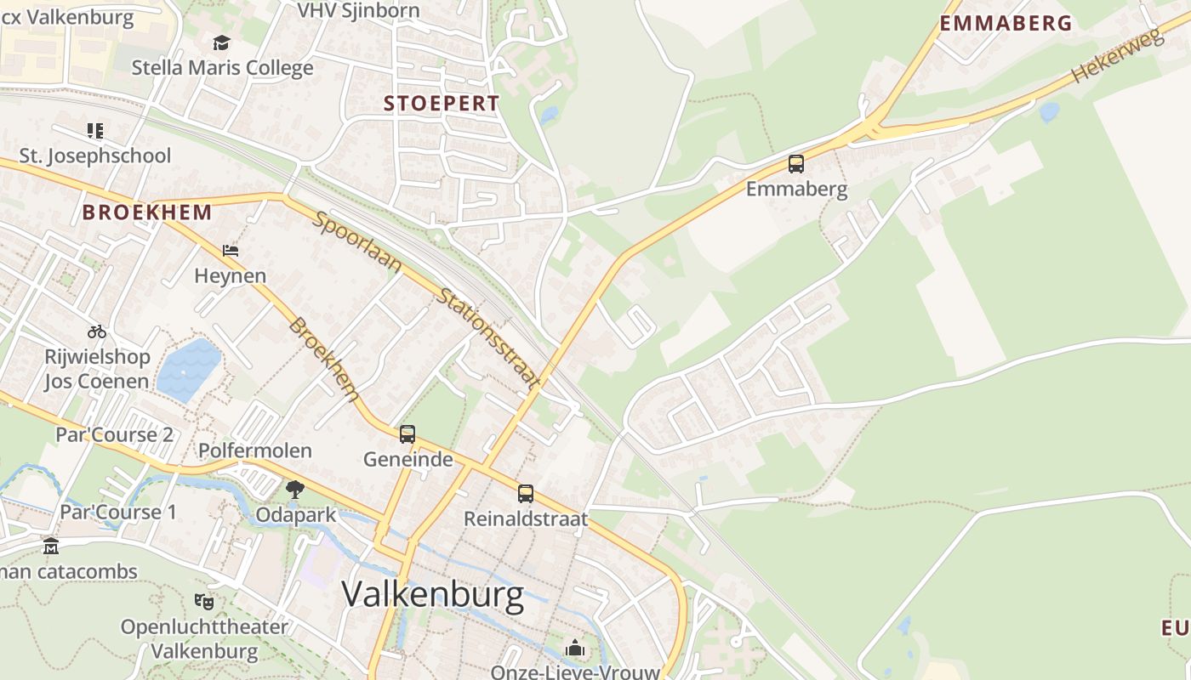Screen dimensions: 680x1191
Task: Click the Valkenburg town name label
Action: coord(433,595)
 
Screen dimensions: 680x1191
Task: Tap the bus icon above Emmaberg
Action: coord(796,164)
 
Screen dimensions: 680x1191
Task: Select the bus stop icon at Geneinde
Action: coord(407,434)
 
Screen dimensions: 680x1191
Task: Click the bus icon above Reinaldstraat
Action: coord(526,494)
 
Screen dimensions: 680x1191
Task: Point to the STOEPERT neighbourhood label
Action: coord(442,104)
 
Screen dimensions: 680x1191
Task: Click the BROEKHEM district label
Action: coord(147,212)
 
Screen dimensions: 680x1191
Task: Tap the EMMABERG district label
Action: coord(1006,24)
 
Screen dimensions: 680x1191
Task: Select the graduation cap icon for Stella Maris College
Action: coord(222,42)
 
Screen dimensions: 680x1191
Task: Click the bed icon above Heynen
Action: coord(231,251)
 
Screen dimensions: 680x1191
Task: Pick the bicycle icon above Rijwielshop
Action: coord(97,331)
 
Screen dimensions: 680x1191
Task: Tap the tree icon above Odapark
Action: coord(295,489)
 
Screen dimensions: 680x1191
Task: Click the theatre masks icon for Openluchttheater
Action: coord(204,601)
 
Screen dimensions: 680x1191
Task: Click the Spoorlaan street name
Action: coord(358,243)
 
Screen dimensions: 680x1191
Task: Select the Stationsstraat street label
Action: coord(488,339)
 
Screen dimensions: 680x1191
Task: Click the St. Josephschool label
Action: coord(95,156)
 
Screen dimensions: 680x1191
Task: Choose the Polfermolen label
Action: coord(255,450)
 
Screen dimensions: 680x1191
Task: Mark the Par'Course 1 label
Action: coord(117,512)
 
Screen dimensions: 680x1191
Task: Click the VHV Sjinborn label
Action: coord(358,10)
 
